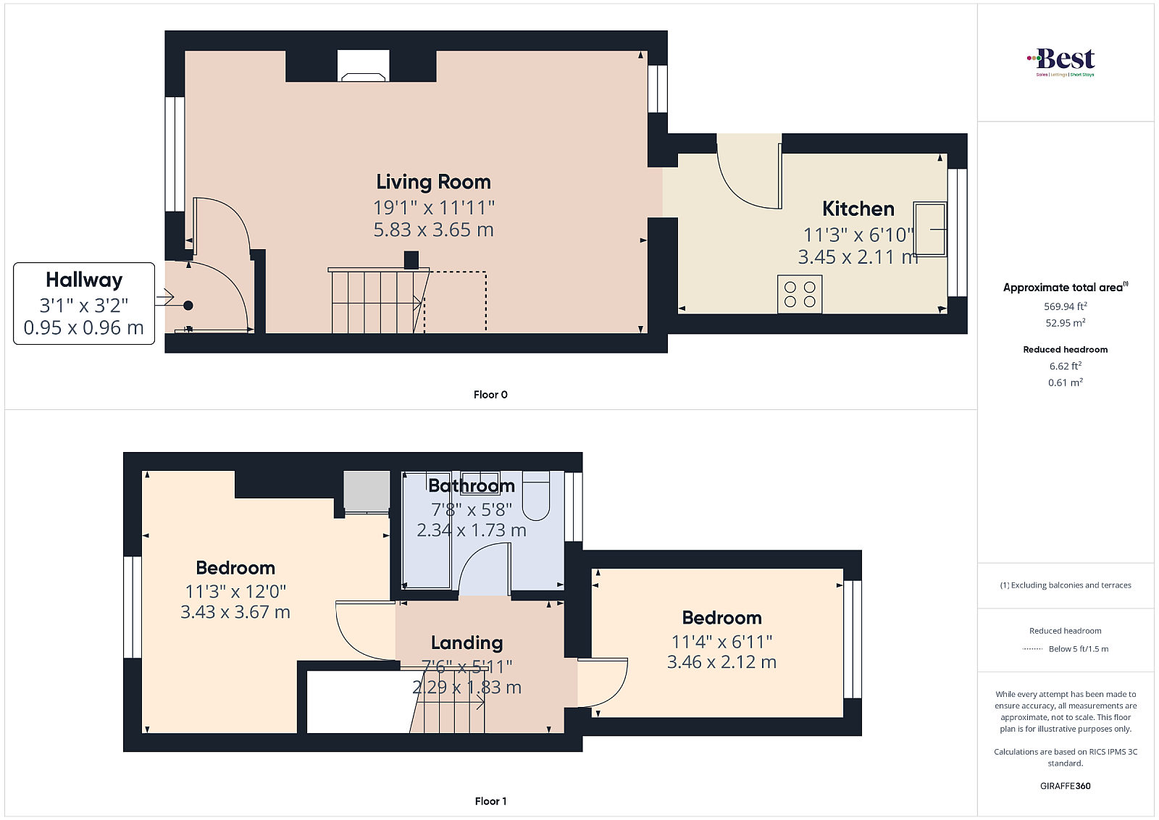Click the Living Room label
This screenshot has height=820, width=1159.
[433, 182]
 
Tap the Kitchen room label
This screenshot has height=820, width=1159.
[858, 209]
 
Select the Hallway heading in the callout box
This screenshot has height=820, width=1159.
[84, 280]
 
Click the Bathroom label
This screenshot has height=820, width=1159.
[472, 486]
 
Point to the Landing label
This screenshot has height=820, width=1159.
[466, 643]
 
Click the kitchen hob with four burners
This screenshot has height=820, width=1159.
[800, 294]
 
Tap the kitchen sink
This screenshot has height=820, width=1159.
[930, 229]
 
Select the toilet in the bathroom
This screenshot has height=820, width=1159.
[535, 495]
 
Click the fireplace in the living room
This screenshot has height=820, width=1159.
[363, 66]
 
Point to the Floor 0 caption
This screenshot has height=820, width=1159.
[490, 395]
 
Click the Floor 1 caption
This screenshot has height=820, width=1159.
[490, 801]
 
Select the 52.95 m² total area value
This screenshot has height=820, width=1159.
[1066, 323]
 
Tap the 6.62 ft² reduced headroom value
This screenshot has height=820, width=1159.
[1066, 366]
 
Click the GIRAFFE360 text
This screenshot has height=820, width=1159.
[1066, 786]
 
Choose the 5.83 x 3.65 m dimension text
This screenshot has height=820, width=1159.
[434, 230]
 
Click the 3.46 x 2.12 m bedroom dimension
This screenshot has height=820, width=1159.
[721, 662]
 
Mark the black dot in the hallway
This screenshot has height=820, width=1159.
[188, 306]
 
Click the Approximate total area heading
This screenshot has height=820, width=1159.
[1066, 288]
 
